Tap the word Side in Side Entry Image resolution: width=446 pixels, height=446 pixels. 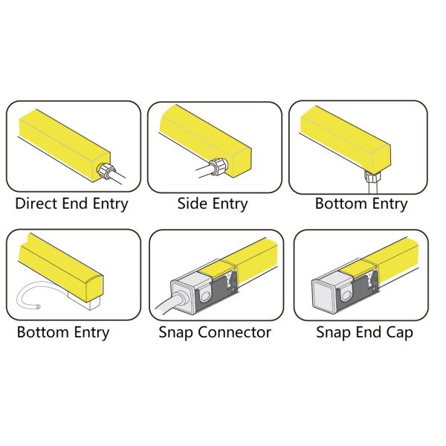click(x=193, y=204)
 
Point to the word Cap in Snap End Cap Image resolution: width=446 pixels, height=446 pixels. click(x=399, y=333)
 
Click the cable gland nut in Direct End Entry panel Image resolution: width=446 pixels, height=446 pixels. click(x=105, y=171)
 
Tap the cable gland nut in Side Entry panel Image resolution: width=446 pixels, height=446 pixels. click(x=218, y=167)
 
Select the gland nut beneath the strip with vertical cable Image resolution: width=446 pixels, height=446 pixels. click(x=371, y=176)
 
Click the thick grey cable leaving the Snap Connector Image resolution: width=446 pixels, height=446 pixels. click(x=170, y=302)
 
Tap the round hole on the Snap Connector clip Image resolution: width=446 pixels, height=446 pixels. click(x=204, y=297)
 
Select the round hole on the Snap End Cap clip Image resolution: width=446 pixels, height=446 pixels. click(x=346, y=297)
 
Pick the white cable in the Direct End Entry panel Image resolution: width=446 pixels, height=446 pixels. click(x=120, y=177)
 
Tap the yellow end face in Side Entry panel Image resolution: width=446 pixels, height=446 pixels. click(x=241, y=163)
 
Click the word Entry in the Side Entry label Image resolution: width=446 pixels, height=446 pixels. click(x=230, y=204)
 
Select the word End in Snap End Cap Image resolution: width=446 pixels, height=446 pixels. click(x=369, y=332)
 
